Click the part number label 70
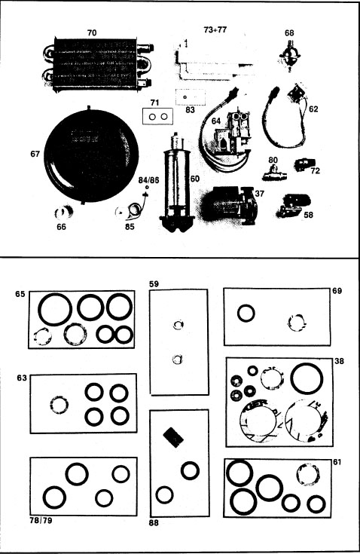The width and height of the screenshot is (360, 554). pos(91,33)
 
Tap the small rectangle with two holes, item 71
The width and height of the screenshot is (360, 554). pos(158,118)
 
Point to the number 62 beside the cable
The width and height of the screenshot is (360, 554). pos(314,109)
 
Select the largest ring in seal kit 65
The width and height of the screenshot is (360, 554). pos(55,309)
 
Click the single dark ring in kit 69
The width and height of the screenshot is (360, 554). pos(246,312)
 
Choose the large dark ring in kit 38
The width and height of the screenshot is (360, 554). pos(307,378)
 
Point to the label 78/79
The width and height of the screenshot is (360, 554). pos(41,519)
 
